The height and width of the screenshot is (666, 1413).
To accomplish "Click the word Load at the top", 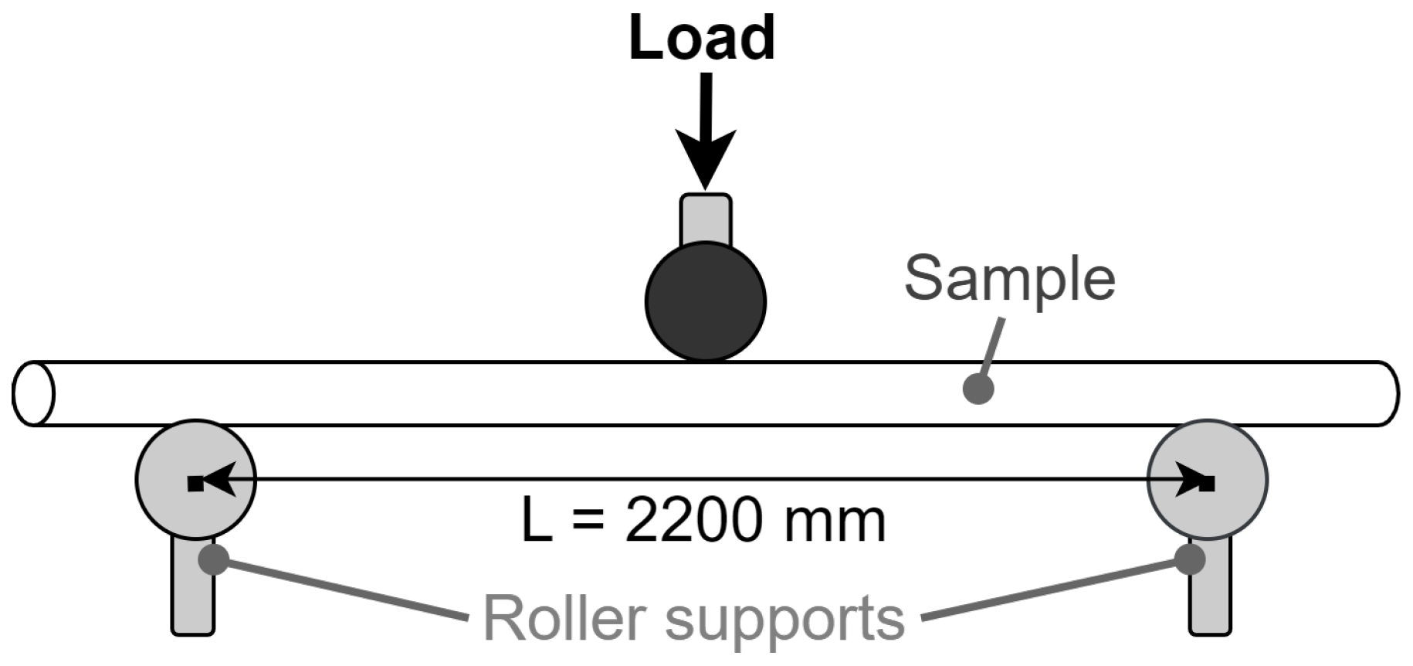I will point(702,38).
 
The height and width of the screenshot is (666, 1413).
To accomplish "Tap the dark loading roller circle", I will point(706,301).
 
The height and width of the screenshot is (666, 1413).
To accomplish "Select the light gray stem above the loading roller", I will point(706,219).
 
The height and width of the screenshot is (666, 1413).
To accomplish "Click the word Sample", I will point(1010,279).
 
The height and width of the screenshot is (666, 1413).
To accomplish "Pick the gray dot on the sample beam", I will point(978,389).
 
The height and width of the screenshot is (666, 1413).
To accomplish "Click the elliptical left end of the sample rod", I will point(33,393).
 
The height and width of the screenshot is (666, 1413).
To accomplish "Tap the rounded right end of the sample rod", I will point(1388,393).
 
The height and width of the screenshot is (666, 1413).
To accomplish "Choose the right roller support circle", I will point(1235,464).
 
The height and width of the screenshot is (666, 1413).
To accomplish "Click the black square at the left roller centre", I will point(195,484).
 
